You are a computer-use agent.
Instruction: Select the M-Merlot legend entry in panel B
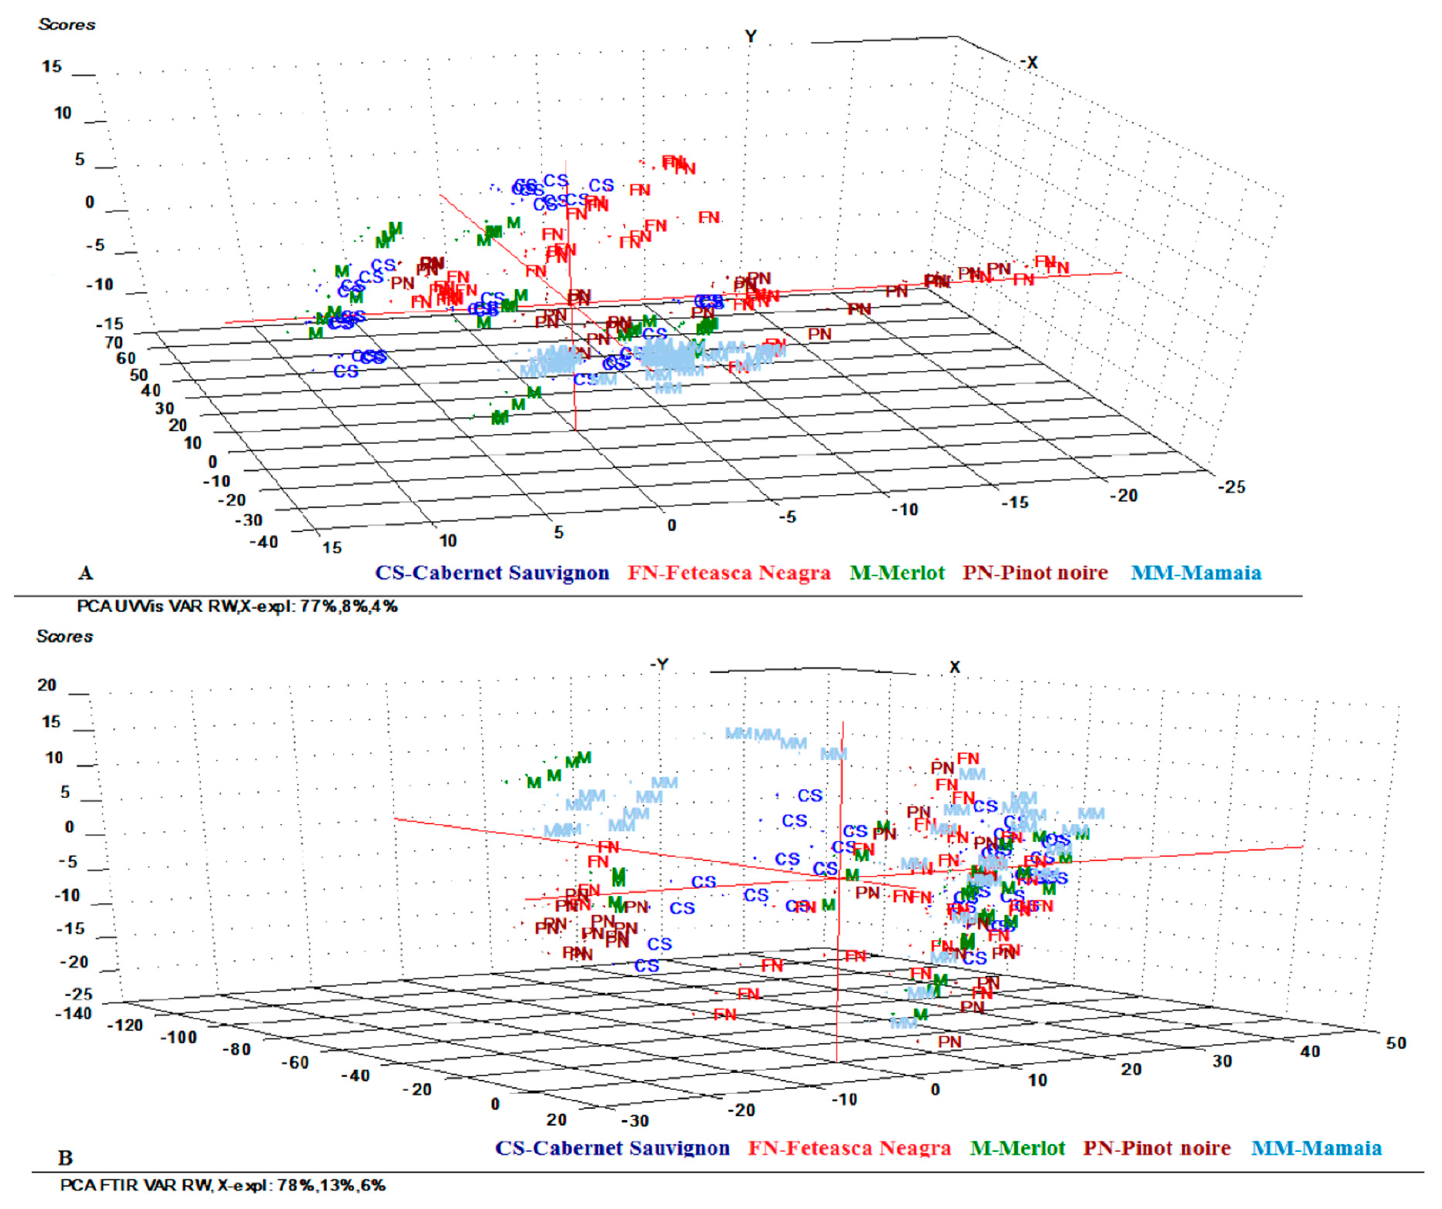click(x=1018, y=1149)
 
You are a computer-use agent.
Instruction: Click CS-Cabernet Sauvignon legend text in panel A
click(x=492, y=573)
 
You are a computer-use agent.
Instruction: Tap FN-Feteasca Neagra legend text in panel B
click(x=849, y=1149)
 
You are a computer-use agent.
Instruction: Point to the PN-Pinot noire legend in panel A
click(x=1035, y=573)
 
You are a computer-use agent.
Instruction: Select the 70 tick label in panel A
click(x=113, y=342)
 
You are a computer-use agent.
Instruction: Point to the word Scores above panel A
click(x=67, y=25)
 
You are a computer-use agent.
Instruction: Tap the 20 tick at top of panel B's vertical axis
click(x=47, y=685)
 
